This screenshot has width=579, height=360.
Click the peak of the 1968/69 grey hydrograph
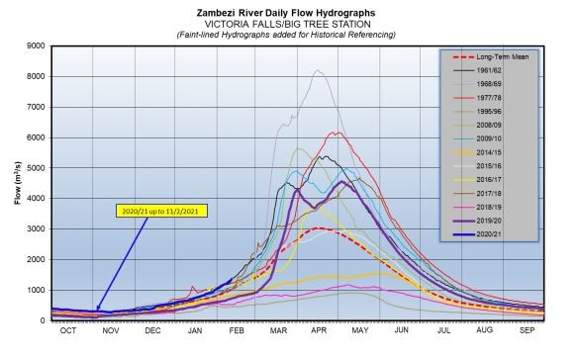317,70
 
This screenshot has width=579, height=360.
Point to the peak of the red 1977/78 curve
337,132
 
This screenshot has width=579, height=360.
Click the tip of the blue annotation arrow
96,311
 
